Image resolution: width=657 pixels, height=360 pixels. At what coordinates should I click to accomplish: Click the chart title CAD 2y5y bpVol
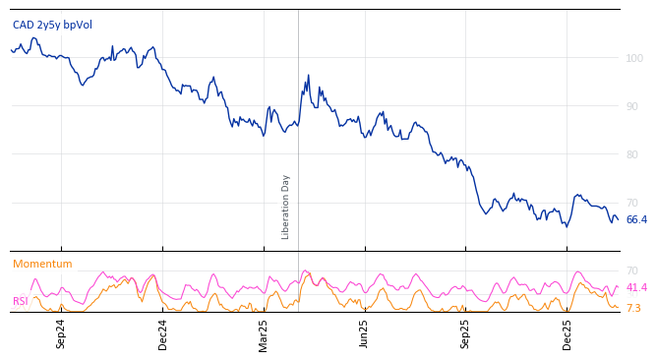point(52,25)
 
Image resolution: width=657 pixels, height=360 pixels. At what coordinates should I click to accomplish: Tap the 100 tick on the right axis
point(634,59)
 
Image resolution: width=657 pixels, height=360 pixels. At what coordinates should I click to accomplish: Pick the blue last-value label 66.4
point(636,220)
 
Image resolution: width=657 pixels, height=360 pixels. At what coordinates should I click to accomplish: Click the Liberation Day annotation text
point(286,207)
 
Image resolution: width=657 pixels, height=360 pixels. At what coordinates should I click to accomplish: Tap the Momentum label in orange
point(42,265)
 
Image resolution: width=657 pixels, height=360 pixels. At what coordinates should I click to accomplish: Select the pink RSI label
point(21,302)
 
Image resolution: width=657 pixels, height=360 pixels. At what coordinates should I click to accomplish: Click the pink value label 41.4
point(636,288)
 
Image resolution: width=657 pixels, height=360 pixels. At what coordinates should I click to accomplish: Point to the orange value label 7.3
point(633,309)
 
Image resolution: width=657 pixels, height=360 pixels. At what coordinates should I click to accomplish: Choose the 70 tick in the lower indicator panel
point(632,270)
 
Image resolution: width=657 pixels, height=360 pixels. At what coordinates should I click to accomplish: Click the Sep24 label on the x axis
point(61,333)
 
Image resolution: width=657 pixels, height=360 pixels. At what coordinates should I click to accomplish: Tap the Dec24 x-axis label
point(162,333)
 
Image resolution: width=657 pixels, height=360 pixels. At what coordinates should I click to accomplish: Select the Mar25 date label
point(264,333)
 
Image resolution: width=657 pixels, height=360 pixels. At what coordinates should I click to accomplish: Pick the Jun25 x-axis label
point(364,333)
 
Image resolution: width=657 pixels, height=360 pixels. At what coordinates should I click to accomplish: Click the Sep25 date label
point(465,333)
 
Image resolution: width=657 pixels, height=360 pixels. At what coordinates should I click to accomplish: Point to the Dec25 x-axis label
point(567,333)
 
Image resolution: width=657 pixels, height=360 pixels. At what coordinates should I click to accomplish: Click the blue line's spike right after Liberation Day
point(308,76)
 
